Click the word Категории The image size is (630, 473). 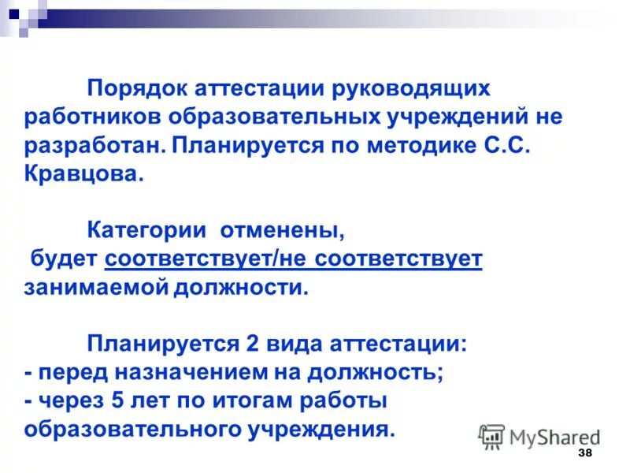[147, 231]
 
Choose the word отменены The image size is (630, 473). [282, 231]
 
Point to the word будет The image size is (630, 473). [64, 259]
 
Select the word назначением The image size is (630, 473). [186, 373]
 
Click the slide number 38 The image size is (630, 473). [585, 453]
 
